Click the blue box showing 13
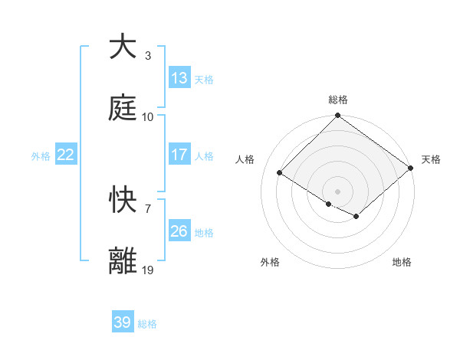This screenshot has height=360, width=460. point(179,78)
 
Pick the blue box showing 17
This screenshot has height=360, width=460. point(179,155)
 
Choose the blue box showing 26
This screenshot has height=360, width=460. point(179,231)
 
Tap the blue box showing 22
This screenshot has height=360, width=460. point(66,155)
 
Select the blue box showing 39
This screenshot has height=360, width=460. point(123,322)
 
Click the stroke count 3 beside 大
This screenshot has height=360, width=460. point(147,56)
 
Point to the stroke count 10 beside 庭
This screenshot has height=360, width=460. point(148,117)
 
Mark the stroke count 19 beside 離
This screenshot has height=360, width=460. point(148,270)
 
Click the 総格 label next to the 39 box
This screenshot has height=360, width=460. point(147,324)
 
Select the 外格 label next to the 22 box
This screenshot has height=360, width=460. point(41,155)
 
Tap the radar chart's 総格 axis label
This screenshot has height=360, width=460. point(337,100)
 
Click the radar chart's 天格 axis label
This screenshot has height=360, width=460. point(431,159)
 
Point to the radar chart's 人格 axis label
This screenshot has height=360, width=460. point(245,159)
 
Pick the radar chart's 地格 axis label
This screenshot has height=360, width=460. point(402,262)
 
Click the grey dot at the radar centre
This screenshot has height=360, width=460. point(337,191)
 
